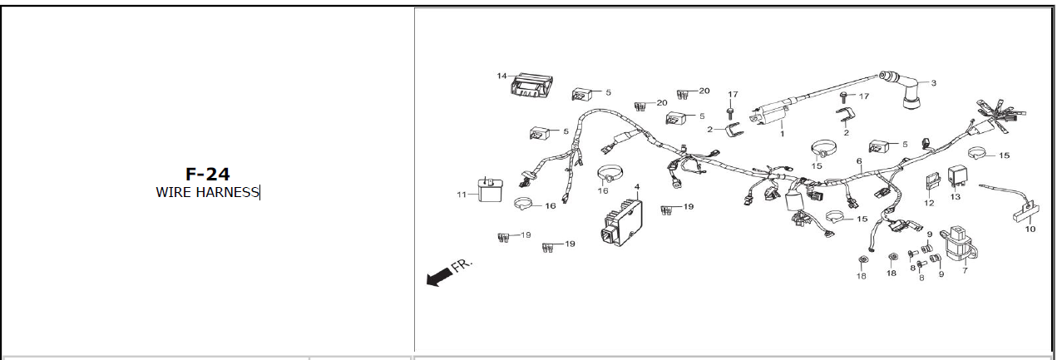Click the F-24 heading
pos(207,175)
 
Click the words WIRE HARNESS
pos(207,193)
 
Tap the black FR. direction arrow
pos(437,278)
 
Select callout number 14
pos(501,76)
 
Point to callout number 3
pos(933,83)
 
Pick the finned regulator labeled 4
pos(623,222)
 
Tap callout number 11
pos(461,195)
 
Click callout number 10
pos(1030,229)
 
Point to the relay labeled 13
pos(955,178)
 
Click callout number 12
pos(929,203)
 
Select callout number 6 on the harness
pos(858,160)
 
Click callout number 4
pos(636,187)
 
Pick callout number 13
pos(955,197)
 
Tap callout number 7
pos(965,271)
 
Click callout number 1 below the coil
pos(782,133)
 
